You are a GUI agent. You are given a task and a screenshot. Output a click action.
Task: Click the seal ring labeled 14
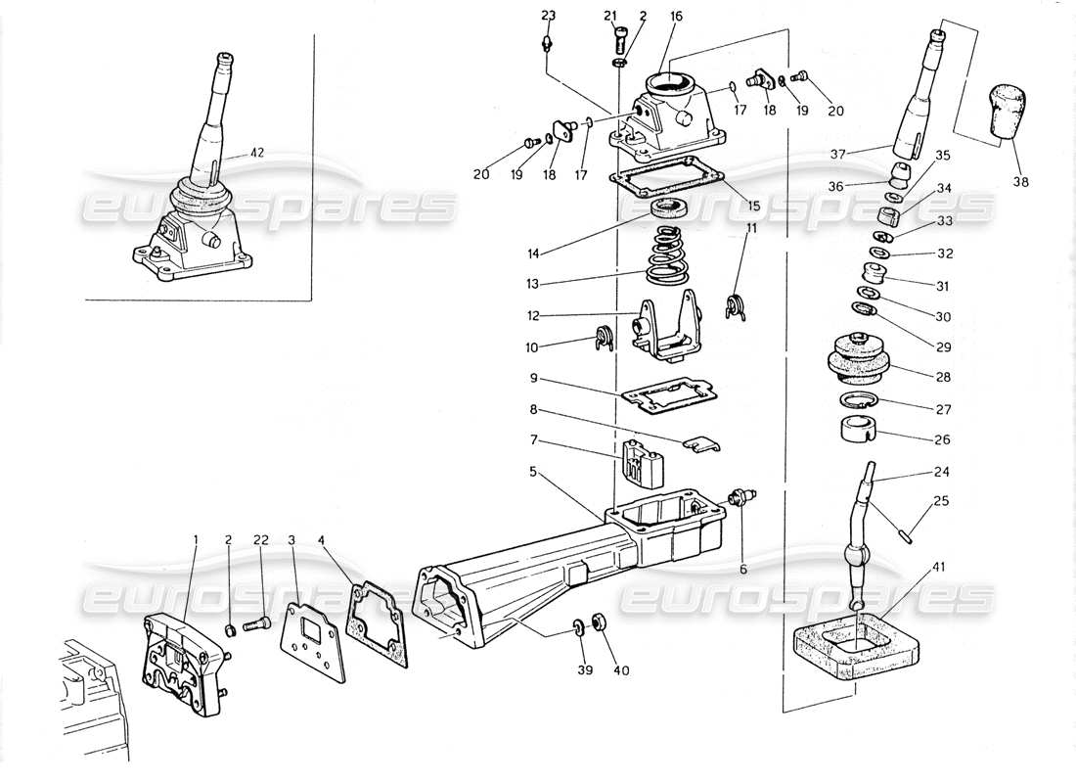(670, 208)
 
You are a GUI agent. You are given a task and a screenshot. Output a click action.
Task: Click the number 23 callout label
(548, 15)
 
